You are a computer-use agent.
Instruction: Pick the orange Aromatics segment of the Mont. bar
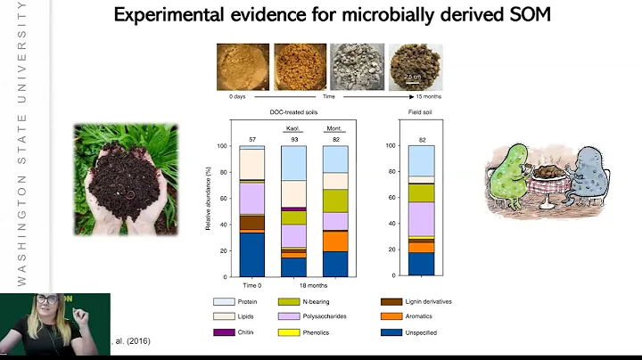point(335,241)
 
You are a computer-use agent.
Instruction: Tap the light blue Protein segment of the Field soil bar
point(421,160)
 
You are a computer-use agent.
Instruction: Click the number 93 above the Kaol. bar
point(293,139)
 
